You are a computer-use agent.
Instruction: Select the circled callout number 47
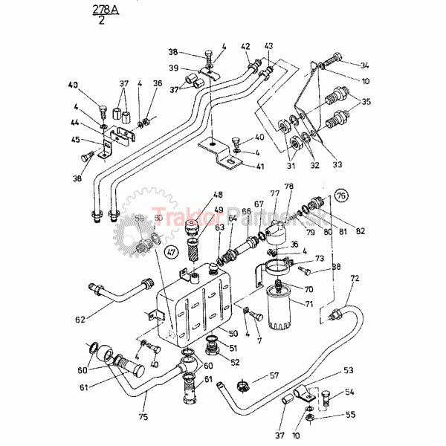170,252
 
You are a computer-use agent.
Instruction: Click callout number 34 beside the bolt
364,65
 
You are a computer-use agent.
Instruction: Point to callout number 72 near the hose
355,278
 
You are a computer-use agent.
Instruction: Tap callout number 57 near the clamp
274,375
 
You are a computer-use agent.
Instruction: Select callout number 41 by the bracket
259,167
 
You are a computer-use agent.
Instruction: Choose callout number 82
361,231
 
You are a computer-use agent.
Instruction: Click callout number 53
348,369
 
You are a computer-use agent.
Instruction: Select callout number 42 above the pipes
245,46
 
